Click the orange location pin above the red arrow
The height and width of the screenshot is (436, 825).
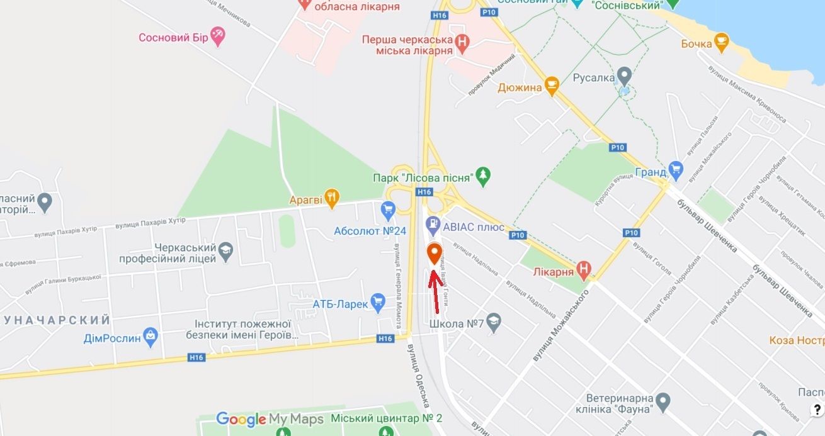pyautogui.click(x=434, y=254)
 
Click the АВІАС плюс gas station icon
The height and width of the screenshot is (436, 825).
pyautogui.click(x=433, y=223)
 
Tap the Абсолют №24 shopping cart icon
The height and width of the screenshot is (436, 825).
pyautogui.click(x=387, y=208)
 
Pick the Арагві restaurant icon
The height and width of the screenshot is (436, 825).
pyautogui.click(x=332, y=199)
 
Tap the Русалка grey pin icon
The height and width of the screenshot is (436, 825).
pyautogui.click(x=624, y=77)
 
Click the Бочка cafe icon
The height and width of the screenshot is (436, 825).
pyautogui.click(x=722, y=43)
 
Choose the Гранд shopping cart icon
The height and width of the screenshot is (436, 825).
pyautogui.click(x=676, y=169)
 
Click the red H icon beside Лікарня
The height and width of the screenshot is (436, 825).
pyautogui.click(x=584, y=271)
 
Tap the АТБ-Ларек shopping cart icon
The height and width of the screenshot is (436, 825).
pyautogui.click(x=378, y=303)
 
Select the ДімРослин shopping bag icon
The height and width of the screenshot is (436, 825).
pyautogui.click(x=151, y=337)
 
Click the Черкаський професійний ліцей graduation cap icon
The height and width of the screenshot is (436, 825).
pyautogui.click(x=225, y=253)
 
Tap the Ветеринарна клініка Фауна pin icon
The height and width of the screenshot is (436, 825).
pyautogui.click(x=662, y=400)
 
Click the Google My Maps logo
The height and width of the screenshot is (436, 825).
pyautogui.click(x=270, y=419)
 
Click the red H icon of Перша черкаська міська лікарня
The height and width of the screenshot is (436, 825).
pyautogui.click(x=462, y=43)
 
